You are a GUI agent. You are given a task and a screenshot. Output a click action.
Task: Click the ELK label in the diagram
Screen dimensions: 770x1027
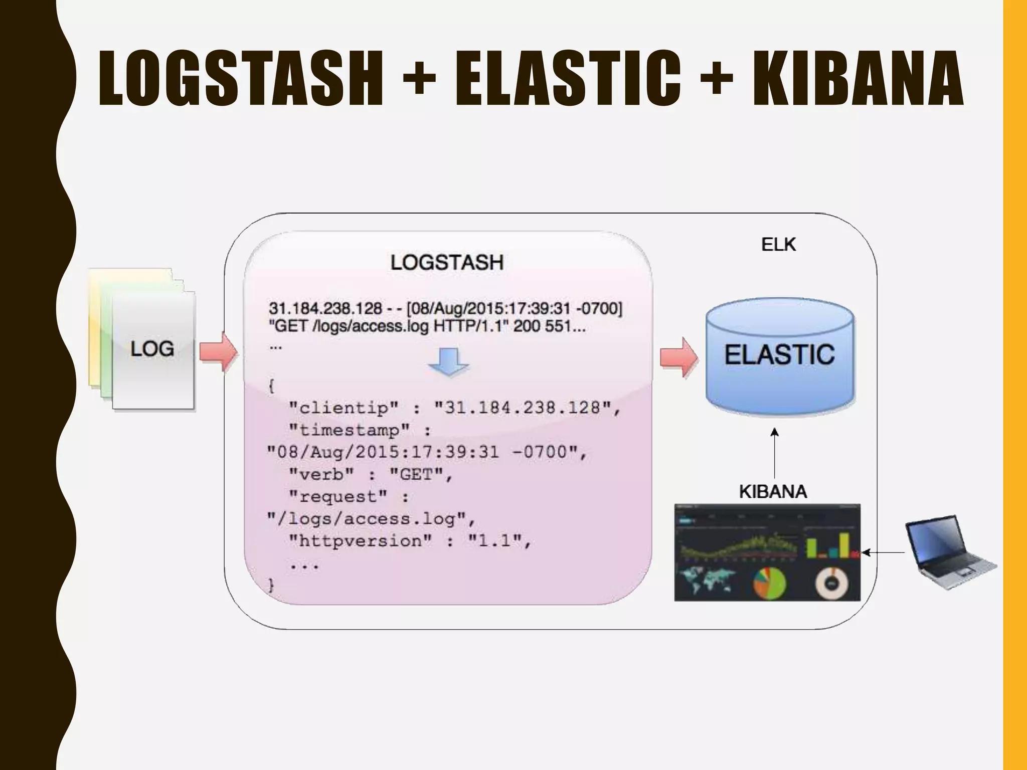778,245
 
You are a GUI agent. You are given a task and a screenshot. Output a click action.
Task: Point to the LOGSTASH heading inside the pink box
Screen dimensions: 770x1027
447,263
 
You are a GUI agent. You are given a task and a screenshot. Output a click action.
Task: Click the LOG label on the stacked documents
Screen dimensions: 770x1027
152,349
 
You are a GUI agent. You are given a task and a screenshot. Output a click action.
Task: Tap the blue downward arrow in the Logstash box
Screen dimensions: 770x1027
448,362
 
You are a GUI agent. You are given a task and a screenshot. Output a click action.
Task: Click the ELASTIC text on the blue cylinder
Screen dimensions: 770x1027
779,355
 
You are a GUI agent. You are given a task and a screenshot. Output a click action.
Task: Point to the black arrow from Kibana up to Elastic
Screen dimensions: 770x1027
775,454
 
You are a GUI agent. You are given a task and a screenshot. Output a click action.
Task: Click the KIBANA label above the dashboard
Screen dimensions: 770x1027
773,492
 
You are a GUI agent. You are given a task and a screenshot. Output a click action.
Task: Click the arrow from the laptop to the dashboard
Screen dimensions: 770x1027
884,552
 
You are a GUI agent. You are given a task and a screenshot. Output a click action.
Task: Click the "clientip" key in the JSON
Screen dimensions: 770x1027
344,408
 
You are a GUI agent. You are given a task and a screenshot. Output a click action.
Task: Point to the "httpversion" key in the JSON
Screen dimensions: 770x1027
360,541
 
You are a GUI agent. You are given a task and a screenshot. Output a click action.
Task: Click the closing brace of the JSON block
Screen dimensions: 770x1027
271,585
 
